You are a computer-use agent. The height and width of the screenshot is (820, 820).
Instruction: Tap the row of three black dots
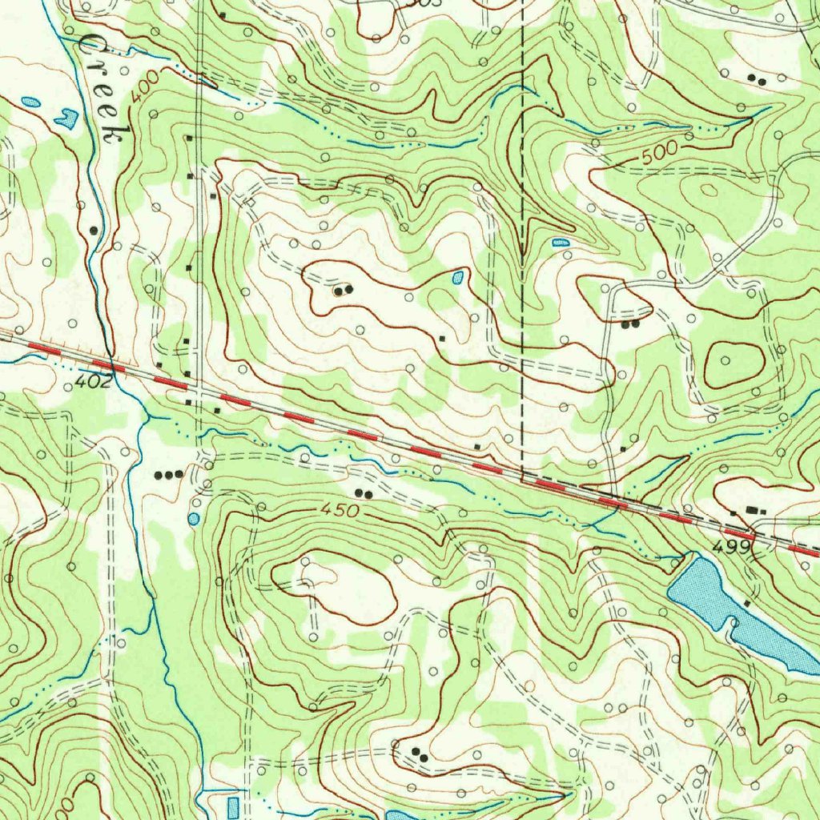169,474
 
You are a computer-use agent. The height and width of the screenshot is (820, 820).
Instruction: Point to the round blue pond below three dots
194,519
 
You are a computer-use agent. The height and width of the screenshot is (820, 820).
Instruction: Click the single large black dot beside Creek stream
94,230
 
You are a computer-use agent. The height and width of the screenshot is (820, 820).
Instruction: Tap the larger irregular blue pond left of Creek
66,119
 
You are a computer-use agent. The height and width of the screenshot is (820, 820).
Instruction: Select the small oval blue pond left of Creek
30,102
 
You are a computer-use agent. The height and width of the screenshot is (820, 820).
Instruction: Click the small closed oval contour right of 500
709,190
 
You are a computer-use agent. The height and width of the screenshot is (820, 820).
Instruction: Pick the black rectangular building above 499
751,509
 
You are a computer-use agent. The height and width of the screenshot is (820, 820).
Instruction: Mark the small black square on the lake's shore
746,602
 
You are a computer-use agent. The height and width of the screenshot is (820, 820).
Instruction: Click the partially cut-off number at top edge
412,3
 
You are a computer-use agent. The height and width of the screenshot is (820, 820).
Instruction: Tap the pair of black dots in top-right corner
755,78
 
